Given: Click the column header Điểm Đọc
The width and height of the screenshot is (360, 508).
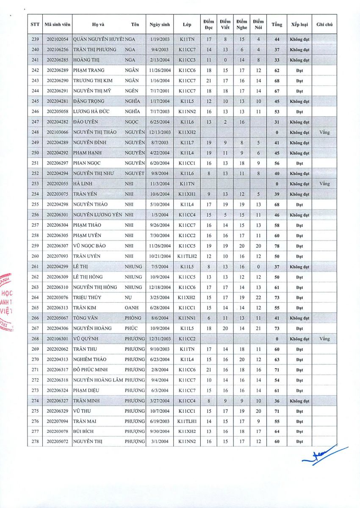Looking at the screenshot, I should pos(208,25).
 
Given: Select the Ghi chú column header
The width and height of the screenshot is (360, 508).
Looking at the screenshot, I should pos(324,25).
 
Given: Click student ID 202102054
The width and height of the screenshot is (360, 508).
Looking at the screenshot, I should pos(57,39).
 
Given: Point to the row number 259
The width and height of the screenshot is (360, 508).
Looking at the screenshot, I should pos(35,246).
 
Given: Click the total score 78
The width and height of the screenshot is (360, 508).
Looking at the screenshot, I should pos(277,246).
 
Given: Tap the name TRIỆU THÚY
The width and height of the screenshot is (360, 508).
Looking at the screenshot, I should pos(86,298).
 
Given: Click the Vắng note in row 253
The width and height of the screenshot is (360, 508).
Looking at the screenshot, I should pos(324,184).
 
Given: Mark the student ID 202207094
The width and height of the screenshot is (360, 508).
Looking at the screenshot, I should pos(57,421).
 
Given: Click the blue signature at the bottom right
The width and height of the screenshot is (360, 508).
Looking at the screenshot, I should pos(324,456).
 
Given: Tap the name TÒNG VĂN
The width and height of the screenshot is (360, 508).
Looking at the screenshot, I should pos(86,318).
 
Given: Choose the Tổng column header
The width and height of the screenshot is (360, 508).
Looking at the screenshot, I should pos(277,25).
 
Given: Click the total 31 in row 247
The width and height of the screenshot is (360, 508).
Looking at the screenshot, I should pos(277,122).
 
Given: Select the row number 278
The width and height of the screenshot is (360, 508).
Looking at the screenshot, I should pos(35,442).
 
